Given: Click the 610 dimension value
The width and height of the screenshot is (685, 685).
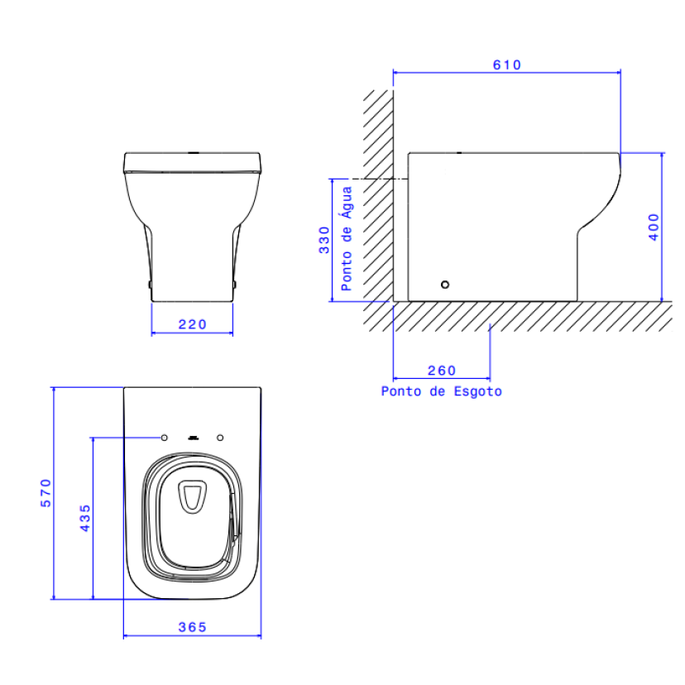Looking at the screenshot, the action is coord(507,65).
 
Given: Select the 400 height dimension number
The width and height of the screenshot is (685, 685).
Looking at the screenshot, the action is coord(654,227).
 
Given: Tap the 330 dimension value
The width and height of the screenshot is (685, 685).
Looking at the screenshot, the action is coord(324,240).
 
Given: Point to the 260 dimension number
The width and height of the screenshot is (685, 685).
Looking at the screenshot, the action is coord(442,371).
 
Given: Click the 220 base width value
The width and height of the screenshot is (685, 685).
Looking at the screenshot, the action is coord(192,324).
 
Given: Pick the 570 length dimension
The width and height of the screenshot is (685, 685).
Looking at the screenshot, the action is coord(46,493).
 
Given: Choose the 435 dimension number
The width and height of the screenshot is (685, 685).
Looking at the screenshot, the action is coord(85,518).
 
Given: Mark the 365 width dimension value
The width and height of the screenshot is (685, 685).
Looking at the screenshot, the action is coord(192,627).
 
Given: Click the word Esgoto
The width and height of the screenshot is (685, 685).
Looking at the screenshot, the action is coord(478,391).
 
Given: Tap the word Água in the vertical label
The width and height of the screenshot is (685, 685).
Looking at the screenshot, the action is coord(347,202).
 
